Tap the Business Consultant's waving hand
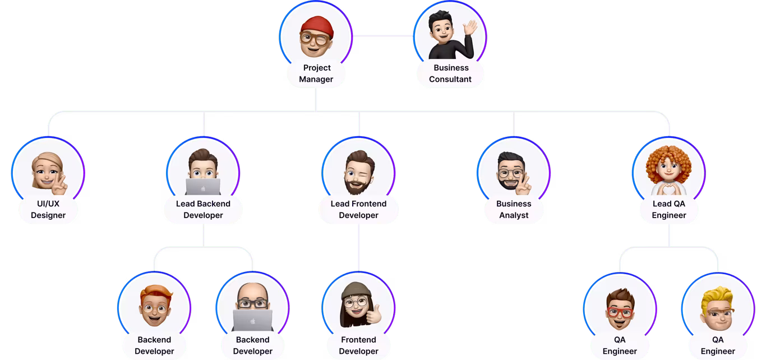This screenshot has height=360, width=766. (x=470, y=28)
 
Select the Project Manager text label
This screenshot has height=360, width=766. (x=316, y=73)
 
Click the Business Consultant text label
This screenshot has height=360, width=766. (x=450, y=73)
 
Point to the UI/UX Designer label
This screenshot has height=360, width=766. (x=48, y=209)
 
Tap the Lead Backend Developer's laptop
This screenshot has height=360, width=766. (x=203, y=186)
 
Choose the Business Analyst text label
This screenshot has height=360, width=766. (x=514, y=209)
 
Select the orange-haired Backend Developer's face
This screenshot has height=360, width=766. (x=154, y=309)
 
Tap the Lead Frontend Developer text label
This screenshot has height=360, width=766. (x=359, y=209)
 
